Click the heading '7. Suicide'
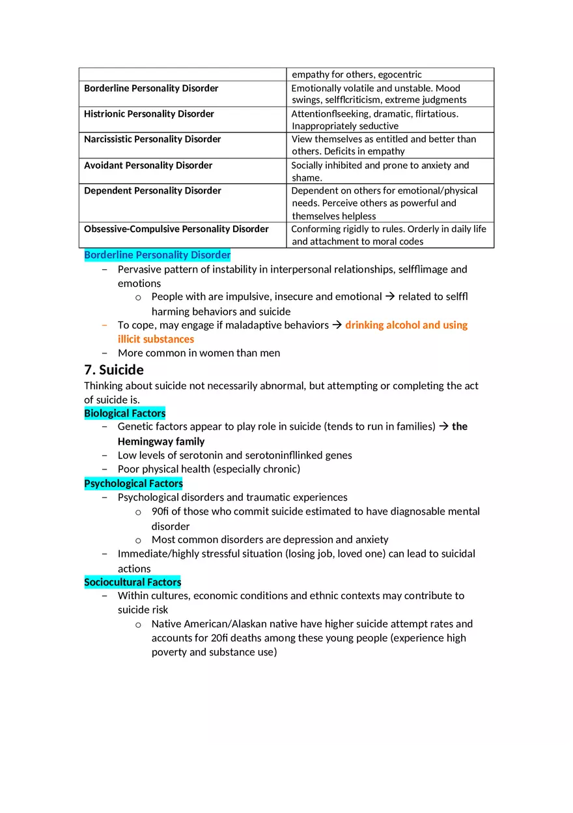coord(114,370)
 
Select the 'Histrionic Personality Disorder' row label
coord(149,114)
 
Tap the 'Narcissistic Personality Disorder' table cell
coord(152,140)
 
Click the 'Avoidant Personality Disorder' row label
coord(148,166)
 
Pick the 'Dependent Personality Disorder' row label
coord(152,191)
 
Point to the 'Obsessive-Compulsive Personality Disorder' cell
coord(176,229)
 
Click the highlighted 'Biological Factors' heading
coord(125,413)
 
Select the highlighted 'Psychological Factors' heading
coord(133,484)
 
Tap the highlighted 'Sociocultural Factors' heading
coord(133,582)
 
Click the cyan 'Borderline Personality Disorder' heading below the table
coord(157,255)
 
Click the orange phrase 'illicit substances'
coord(156,339)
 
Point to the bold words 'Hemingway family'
coord(161,441)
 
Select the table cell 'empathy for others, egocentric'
coord(357,74)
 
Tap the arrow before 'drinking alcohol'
coord(337,325)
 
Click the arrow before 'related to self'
coord(390,297)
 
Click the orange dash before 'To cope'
coord(105,325)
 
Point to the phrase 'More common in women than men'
coord(199,353)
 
